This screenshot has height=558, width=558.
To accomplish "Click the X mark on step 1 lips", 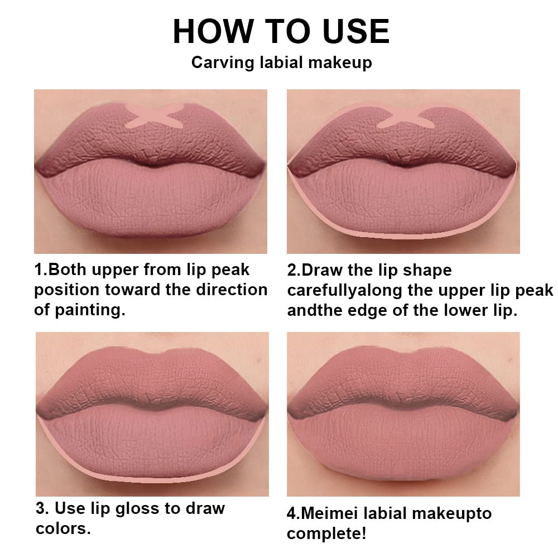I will (149, 114).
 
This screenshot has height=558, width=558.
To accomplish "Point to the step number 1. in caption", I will (41, 270).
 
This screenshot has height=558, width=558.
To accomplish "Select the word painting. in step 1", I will (89, 310).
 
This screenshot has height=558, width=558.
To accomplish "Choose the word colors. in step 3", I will (62, 528).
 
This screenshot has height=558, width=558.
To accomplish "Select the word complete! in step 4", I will (326, 533).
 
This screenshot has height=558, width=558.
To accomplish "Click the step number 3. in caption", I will (42, 508).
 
